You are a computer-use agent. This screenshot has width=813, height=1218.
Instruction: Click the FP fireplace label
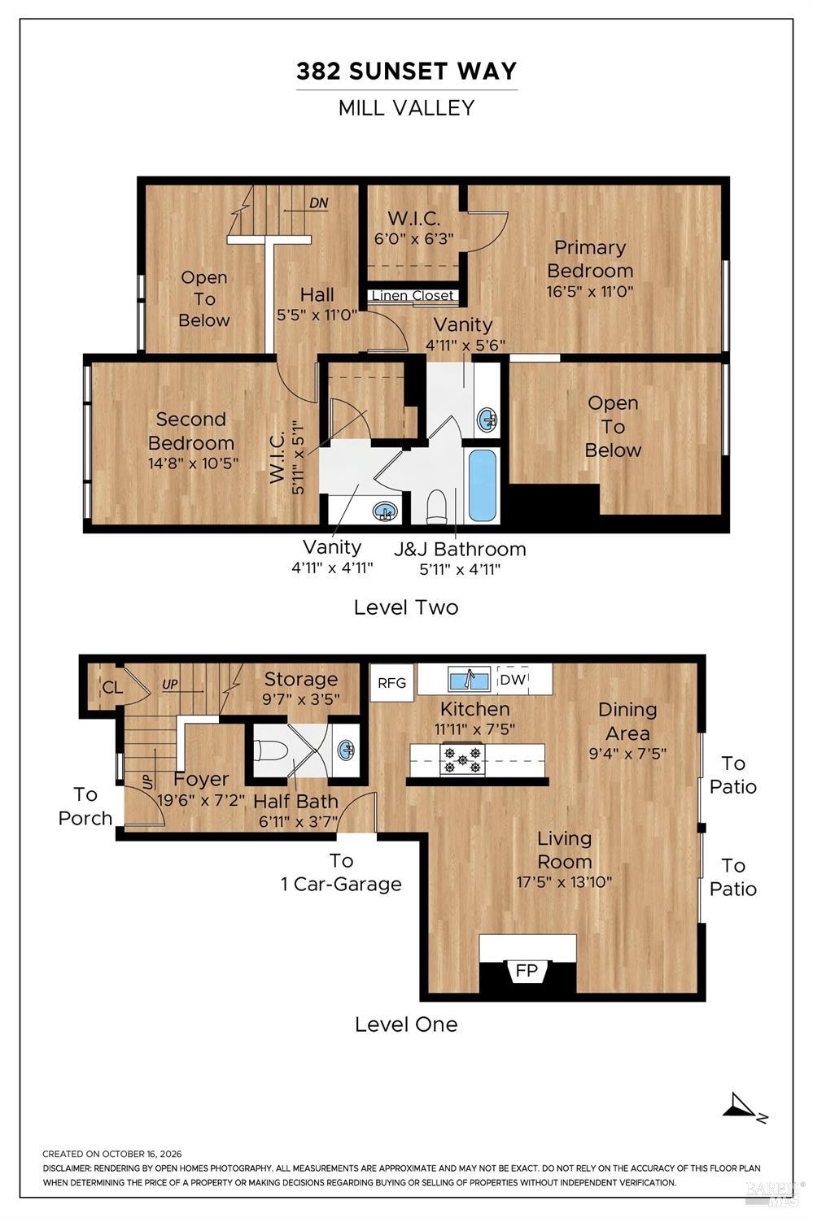[527, 970]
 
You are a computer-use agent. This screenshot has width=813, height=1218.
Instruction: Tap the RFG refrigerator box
[391, 683]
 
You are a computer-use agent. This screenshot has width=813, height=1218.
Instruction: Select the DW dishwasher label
[513, 679]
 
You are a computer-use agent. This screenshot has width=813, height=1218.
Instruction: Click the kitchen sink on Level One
[469, 680]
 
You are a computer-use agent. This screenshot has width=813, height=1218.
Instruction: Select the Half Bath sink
[346, 750]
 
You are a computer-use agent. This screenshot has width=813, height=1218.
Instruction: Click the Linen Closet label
[413, 296]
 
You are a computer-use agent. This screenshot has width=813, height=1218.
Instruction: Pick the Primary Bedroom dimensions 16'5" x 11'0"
[590, 291]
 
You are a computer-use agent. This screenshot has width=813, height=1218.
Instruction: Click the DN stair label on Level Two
[319, 203]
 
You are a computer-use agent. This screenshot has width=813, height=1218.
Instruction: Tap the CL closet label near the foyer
[112, 688]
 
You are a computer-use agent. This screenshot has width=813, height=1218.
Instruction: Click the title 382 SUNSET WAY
[407, 72]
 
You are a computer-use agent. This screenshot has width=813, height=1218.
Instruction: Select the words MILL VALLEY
[407, 108]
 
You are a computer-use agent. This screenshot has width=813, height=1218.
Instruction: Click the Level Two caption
[406, 607]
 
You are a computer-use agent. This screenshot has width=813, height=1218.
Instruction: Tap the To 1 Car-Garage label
[341, 872]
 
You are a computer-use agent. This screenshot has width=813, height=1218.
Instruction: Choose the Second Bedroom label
[191, 431]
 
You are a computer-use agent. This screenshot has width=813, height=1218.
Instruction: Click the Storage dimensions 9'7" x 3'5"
[301, 698]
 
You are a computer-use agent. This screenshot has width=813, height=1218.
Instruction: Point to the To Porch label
[85, 807]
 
